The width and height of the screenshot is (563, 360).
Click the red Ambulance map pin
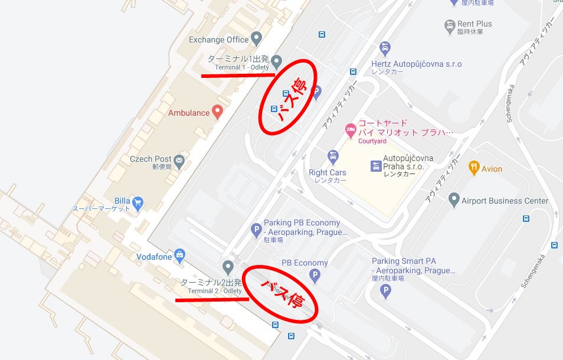click(x=217, y=112)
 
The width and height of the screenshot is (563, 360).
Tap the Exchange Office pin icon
click(x=256, y=40)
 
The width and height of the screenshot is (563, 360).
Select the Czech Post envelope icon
click(x=179, y=159)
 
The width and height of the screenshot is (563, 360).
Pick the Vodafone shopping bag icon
click(x=179, y=256)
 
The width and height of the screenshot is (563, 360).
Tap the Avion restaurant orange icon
click(x=473, y=168)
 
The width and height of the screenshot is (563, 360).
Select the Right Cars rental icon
click(x=333, y=157)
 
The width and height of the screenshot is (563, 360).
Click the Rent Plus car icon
click(x=450, y=25)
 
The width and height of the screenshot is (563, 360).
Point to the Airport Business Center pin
click(x=453, y=200)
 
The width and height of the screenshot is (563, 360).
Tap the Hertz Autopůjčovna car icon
click(x=385, y=48)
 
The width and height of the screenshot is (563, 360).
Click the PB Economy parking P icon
click(x=315, y=275)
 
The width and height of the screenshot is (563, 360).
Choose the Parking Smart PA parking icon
click(x=385, y=290)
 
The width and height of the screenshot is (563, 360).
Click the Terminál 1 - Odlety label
click(x=241, y=67)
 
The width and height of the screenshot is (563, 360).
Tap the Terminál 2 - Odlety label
click(x=215, y=291)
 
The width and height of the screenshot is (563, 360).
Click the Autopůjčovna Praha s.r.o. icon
click(x=376, y=166)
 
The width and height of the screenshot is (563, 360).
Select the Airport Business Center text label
click(x=505, y=201)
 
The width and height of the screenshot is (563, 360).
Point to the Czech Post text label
click(x=150, y=159)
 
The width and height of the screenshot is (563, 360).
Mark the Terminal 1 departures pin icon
click(x=276, y=61)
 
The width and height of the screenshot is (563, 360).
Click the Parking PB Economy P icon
click(x=256, y=230)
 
